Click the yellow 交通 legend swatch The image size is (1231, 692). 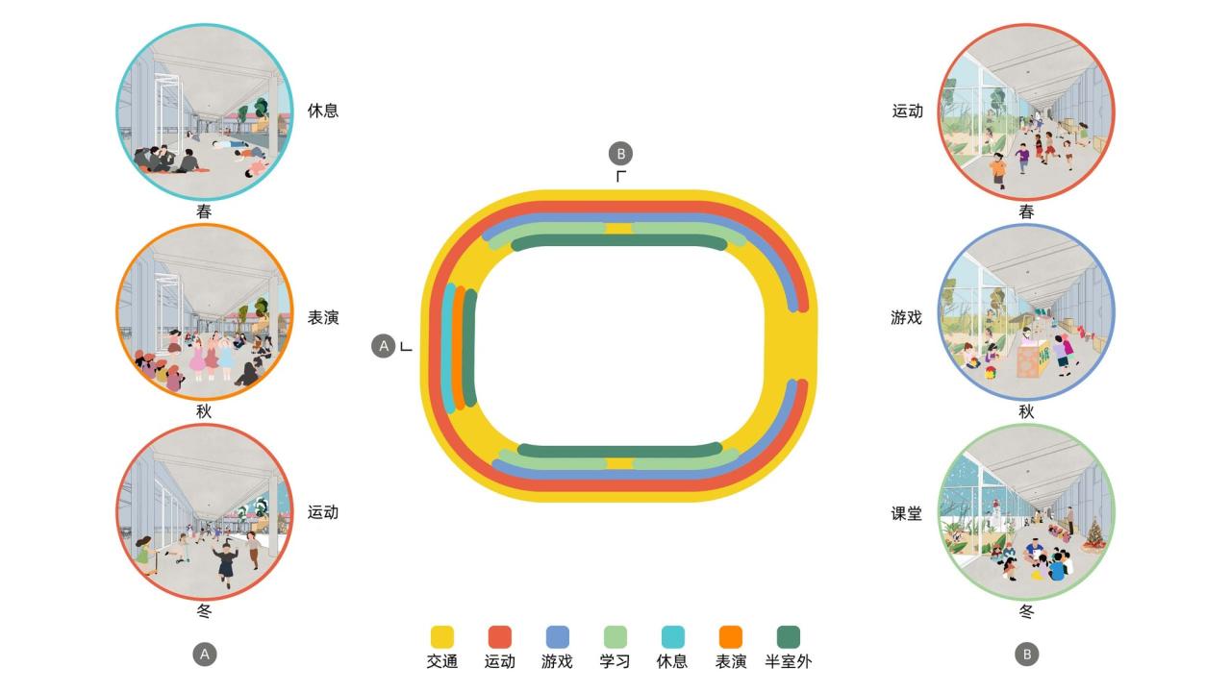(442, 636)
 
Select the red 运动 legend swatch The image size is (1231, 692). (500, 636)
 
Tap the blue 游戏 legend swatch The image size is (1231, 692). (558, 636)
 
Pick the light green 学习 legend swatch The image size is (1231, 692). (615, 636)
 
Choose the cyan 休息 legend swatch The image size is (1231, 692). (673, 636)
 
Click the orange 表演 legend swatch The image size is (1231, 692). (731, 636)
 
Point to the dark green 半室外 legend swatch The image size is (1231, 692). (789, 636)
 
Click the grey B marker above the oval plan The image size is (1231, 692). (621, 153)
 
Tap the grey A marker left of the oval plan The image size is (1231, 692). (384, 346)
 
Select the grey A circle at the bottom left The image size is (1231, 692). (204, 655)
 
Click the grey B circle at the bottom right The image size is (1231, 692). (1027, 655)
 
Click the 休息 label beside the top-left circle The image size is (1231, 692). (323, 111)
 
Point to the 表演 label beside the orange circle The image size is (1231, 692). (323, 317)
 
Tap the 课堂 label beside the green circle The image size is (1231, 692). (907, 514)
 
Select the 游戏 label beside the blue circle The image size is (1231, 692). (907, 317)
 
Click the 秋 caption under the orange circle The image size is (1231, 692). (204, 411)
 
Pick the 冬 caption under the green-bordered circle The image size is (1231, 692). (1027, 611)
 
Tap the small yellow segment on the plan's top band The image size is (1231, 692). (619, 229)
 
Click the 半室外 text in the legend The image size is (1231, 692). (789, 661)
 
